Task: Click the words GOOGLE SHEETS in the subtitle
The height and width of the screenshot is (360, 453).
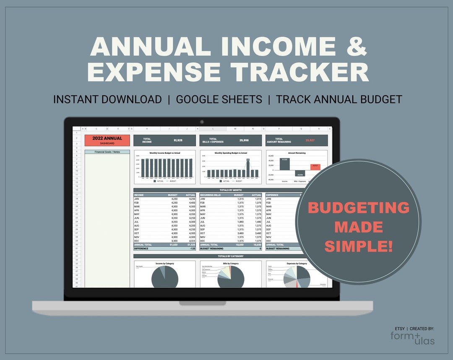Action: (x=219, y=100)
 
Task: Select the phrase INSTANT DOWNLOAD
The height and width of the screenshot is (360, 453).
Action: (x=107, y=100)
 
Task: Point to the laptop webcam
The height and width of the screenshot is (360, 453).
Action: (x=202, y=122)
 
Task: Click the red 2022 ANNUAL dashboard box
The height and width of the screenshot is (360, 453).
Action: (x=107, y=140)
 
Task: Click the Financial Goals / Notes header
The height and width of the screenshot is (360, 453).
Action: (x=107, y=152)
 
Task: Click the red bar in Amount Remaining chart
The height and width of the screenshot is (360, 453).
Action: (x=315, y=167)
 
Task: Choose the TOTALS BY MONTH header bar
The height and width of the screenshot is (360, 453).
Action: (x=230, y=190)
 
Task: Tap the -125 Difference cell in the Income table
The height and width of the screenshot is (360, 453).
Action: (x=192, y=249)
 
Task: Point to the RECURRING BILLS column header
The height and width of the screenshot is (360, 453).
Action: (x=210, y=195)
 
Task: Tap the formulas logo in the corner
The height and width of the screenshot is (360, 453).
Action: (x=412, y=338)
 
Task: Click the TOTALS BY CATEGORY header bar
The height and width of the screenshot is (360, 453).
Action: (x=230, y=256)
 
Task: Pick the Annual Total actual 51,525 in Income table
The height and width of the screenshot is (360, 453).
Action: (x=190, y=245)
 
